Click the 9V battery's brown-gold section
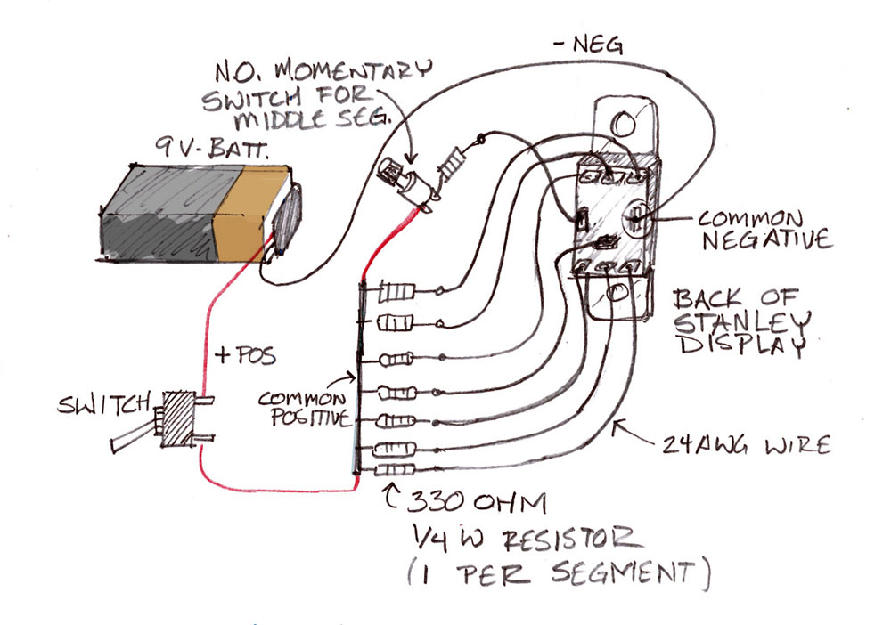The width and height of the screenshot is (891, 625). pyautogui.click(x=250, y=213)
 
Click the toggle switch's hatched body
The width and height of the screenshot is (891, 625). pyautogui.click(x=178, y=419)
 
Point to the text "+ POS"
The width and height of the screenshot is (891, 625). pyautogui.click(x=246, y=355)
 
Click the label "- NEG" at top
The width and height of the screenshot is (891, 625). pyautogui.click(x=589, y=45)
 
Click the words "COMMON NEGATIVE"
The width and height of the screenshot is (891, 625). pyautogui.click(x=764, y=230)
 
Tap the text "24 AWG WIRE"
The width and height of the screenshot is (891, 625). pyautogui.click(x=745, y=445)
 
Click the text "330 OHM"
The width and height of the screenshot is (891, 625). pyautogui.click(x=478, y=502)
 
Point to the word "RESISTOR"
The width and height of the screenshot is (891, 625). pyautogui.click(x=572, y=540)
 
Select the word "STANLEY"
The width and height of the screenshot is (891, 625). pyautogui.click(x=743, y=322)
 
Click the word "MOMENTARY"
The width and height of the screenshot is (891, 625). pyautogui.click(x=353, y=70)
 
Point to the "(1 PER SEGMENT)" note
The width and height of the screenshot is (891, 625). pyautogui.click(x=559, y=573)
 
